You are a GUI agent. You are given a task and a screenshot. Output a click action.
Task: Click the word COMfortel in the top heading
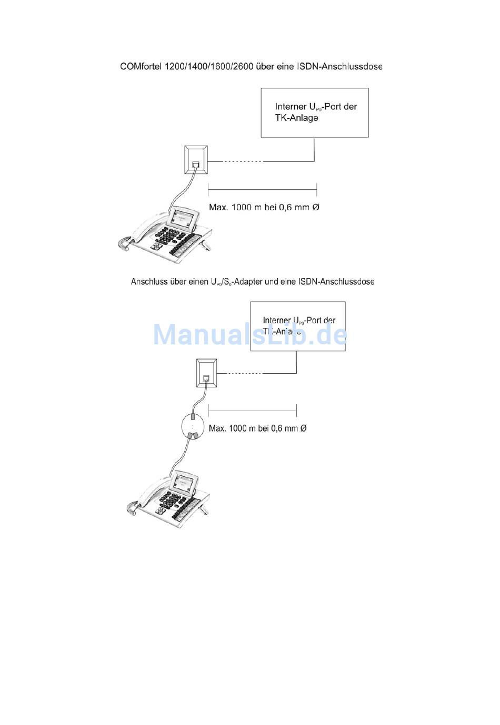(x=141, y=67)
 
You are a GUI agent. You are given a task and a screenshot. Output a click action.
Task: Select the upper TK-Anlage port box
(x=314, y=113)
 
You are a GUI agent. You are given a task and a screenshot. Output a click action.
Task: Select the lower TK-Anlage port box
(x=297, y=326)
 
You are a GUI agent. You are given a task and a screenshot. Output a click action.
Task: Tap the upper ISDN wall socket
(x=195, y=160)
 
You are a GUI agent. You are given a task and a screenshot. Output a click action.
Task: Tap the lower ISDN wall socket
(x=206, y=373)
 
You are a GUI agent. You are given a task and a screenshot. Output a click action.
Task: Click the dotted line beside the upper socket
(x=242, y=161)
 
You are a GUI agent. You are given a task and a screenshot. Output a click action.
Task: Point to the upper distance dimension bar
(x=262, y=189)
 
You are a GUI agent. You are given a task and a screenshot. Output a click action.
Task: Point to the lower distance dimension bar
(x=253, y=411)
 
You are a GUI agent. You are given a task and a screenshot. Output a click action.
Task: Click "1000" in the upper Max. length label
(x=242, y=207)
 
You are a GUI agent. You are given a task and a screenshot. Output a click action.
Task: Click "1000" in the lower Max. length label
(x=239, y=428)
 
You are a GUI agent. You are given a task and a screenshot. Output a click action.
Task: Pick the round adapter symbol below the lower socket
(x=193, y=427)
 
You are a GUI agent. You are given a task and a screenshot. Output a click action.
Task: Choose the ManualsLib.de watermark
(x=250, y=335)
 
